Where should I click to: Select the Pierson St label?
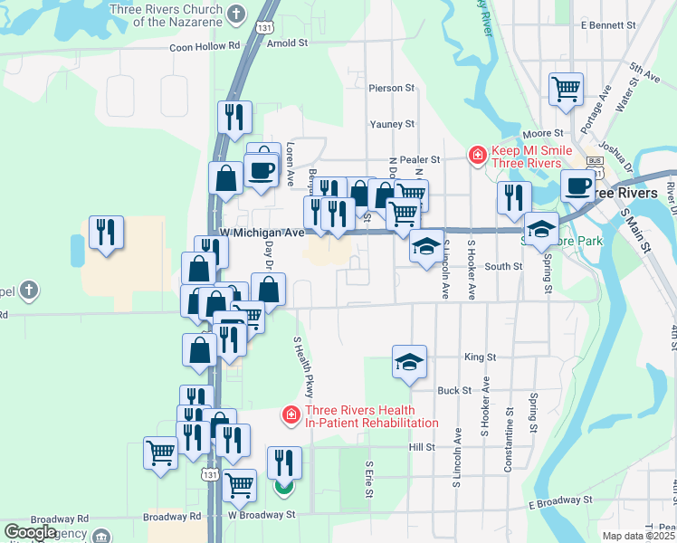391,88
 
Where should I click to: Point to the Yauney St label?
392,124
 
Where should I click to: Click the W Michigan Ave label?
262,233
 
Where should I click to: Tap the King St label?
480,357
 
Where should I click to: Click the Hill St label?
422,447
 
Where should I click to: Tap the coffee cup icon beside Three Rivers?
577,186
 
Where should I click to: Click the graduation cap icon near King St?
409,363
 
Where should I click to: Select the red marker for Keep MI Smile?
476,157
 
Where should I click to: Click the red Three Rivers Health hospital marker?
291,415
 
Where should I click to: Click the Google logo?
30,531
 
